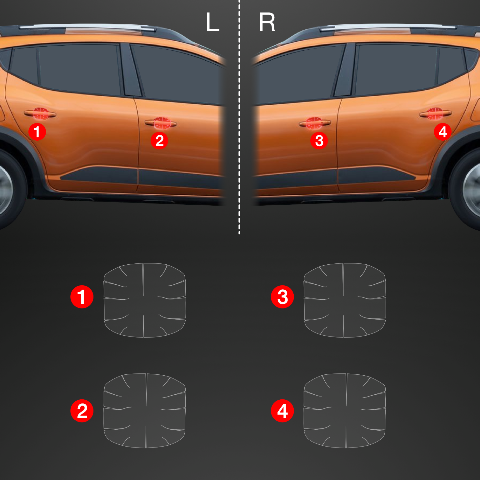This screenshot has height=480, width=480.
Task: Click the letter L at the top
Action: pyautogui.click(x=212, y=22)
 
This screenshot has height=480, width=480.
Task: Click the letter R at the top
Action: pyautogui.click(x=267, y=22)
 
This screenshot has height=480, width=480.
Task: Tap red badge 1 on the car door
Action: pyautogui.click(x=37, y=132)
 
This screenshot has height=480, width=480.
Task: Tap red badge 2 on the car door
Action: pyautogui.click(x=159, y=140)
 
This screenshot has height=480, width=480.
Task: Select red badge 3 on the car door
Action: pyautogui.click(x=319, y=140)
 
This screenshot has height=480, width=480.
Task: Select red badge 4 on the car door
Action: pyautogui.click(x=443, y=132)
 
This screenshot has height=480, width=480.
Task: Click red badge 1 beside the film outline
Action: pyautogui.click(x=82, y=297)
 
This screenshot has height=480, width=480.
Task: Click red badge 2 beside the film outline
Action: pyautogui.click(x=82, y=411)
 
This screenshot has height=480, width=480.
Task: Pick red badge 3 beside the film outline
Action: pyautogui.click(x=282, y=297)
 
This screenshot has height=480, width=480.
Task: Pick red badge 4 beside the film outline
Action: pyautogui.click(x=282, y=411)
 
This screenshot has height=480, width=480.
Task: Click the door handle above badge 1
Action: pyautogui.click(x=40, y=114)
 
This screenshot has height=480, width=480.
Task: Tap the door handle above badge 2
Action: pyautogui.click(x=161, y=123)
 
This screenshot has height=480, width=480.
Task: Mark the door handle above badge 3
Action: pyautogui.click(x=315, y=123)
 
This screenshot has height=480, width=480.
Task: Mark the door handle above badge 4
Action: pyautogui.click(x=435, y=114)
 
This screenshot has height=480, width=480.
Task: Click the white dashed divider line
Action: pyautogui.click(x=239, y=117)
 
